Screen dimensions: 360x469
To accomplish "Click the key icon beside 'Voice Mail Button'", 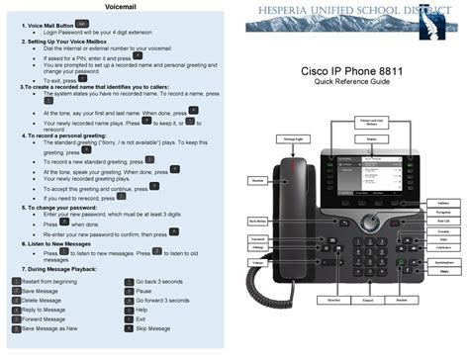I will tap(82, 20).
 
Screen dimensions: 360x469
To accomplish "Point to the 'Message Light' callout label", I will tap(292, 138).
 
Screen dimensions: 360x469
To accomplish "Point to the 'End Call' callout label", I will tap(443, 221).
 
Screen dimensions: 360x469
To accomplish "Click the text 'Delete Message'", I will tap(40, 300).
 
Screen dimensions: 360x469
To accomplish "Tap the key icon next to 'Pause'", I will tap(129, 291).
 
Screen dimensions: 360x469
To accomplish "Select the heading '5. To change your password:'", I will tap(61, 207).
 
